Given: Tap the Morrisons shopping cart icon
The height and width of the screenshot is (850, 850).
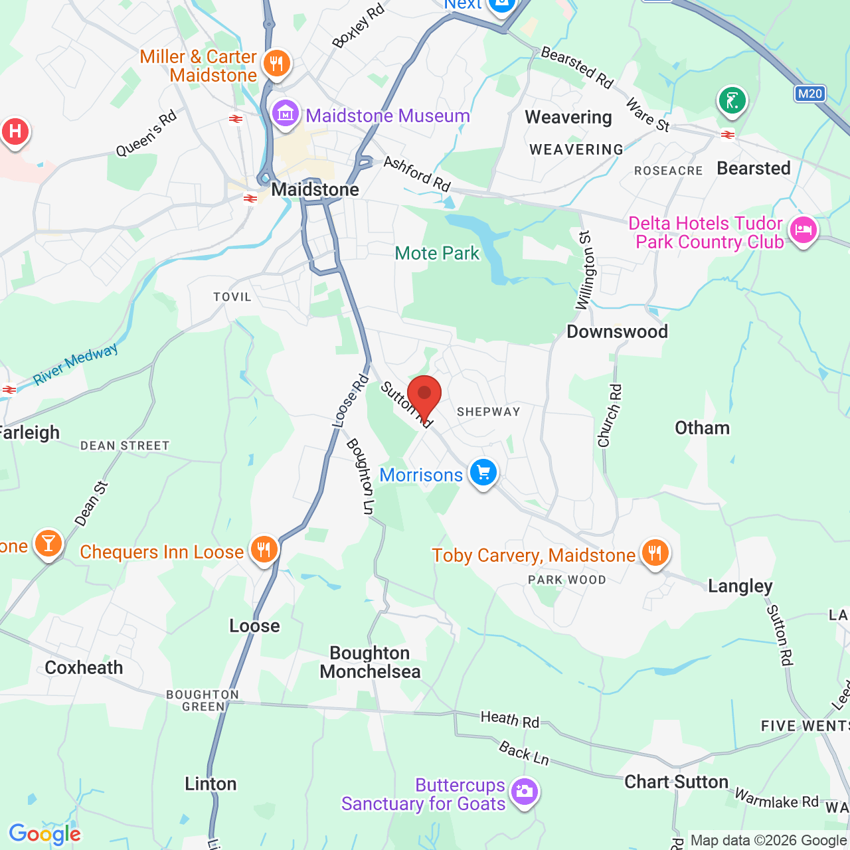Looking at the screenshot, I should click(x=483, y=473).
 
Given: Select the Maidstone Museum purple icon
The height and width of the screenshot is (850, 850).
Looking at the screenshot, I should click(x=286, y=114).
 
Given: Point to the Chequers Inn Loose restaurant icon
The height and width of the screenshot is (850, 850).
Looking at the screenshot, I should click(x=264, y=550).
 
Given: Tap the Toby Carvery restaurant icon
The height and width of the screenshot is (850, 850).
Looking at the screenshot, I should click(x=655, y=553).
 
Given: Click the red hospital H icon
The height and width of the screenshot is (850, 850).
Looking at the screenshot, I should click(x=15, y=131).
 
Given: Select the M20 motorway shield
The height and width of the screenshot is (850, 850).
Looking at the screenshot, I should click(x=809, y=94).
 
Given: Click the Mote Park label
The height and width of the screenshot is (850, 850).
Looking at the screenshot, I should click(x=437, y=253).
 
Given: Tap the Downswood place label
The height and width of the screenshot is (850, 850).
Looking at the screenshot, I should click(x=617, y=331).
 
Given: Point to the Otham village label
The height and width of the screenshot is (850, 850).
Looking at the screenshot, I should click(x=702, y=428).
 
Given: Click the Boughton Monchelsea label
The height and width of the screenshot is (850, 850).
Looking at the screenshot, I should click(x=370, y=662).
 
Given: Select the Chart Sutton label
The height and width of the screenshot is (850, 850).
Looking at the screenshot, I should click(x=676, y=782).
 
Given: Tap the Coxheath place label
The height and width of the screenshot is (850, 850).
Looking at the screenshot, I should click(x=84, y=667).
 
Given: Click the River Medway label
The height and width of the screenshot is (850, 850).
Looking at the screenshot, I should click(x=76, y=364).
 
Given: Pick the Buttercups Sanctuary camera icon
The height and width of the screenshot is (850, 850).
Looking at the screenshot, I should click(x=525, y=792).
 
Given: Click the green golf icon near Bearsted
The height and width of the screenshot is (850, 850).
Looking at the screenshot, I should click(x=732, y=102).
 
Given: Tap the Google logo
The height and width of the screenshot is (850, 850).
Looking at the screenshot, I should click(x=44, y=834).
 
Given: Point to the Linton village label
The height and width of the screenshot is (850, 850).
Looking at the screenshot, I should click(x=211, y=784).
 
